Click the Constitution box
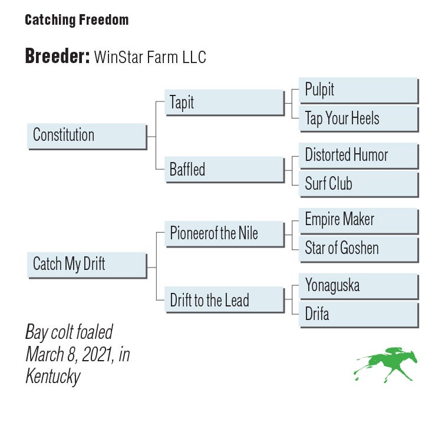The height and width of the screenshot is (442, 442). pyautogui.click(x=87, y=137)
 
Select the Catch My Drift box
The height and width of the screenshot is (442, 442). pyautogui.click(x=87, y=265)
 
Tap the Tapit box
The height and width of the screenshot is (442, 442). pyautogui.click(x=225, y=103)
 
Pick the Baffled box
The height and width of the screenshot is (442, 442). pyautogui.click(x=225, y=170)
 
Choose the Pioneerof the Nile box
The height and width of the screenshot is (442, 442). pyautogui.click(x=225, y=234)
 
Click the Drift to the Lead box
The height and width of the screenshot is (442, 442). pyautogui.click(x=225, y=299)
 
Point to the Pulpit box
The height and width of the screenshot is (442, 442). pyautogui.click(x=359, y=91)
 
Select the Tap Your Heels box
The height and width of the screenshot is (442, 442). pyautogui.click(x=359, y=119)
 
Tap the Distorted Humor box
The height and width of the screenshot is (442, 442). pyautogui.click(x=359, y=156)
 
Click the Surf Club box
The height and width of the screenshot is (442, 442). pyautogui.click(x=359, y=184)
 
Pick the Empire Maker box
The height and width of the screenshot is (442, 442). pyautogui.click(x=359, y=221)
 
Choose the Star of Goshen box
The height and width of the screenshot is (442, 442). pyautogui.click(x=359, y=249)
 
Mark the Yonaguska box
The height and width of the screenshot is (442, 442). pyautogui.click(x=359, y=286)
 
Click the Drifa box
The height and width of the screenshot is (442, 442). pyautogui.click(x=359, y=315)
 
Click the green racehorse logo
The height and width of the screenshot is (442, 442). pyautogui.click(x=385, y=365)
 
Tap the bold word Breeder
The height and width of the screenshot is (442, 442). pyautogui.click(x=58, y=56)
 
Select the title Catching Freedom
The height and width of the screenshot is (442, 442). pyautogui.click(x=77, y=20)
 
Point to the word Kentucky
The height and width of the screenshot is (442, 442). pyautogui.click(x=53, y=377)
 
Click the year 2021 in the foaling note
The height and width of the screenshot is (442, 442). pyautogui.click(x=97, y=354)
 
